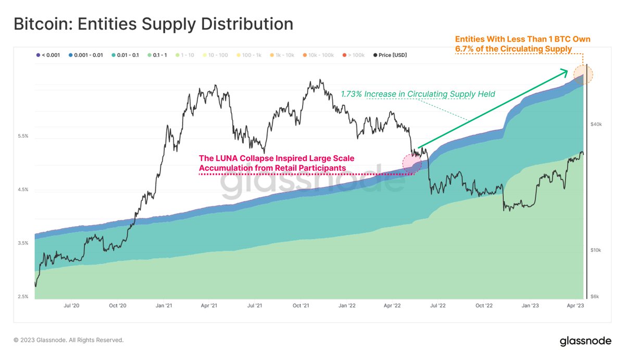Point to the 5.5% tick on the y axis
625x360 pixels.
(x=23, y=136)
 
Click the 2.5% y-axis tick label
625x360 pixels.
(x=23, y=296)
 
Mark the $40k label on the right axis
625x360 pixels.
(x=596, y=124)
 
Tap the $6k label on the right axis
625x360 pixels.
(x=595, y=296)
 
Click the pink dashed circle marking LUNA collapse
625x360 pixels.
(x=412, y=163)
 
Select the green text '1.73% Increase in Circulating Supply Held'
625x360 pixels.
(x=418, y=94)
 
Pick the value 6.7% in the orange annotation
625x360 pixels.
(x=465, y=49)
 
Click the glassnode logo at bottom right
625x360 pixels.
(x=585, y=341)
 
